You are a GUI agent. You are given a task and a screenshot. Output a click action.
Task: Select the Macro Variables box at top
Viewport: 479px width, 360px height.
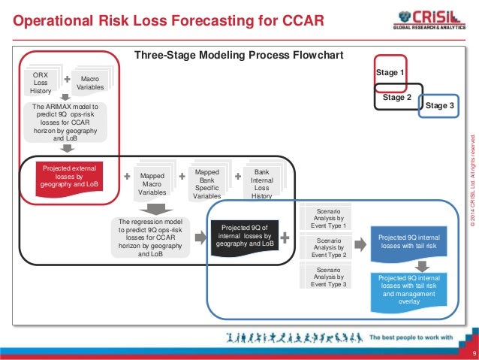tap(90, 83)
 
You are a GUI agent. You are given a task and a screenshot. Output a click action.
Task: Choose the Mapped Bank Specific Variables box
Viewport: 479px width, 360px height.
tap(207, 183)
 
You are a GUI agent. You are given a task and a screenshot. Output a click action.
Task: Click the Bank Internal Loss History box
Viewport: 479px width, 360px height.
tap(261, 183)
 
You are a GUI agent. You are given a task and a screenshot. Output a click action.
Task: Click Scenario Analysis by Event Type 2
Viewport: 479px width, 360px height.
tap(327, 244)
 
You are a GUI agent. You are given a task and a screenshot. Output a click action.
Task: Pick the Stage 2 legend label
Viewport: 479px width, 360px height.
tap(397, 97)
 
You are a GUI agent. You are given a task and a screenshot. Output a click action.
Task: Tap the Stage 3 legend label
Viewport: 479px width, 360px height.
tap(439, 107)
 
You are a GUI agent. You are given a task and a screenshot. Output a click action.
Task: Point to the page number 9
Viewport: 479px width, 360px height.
tap(473, 352)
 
